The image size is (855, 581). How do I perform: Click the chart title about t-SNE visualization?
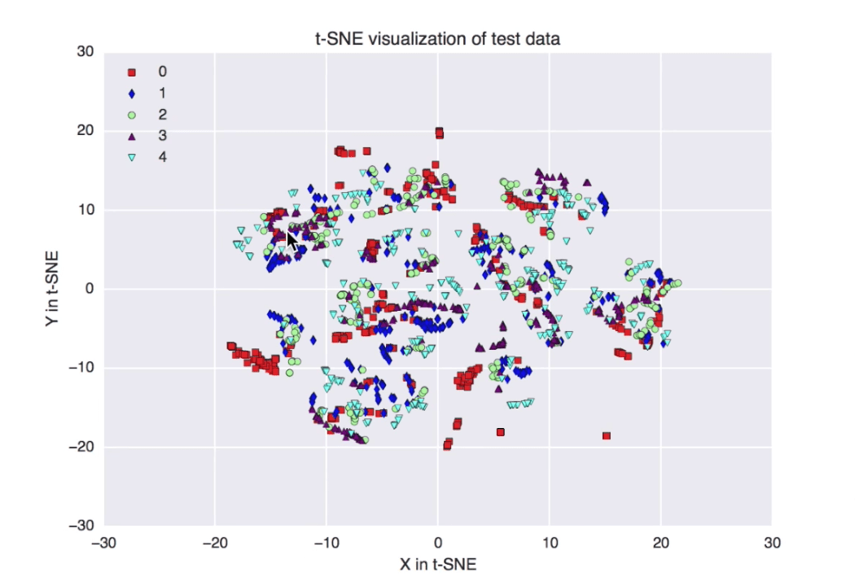coord(438,38)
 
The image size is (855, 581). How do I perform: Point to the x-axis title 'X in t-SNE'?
coord(438,564)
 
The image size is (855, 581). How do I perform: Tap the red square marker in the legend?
coord(132,73)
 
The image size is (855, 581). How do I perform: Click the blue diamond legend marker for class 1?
coord(132,94)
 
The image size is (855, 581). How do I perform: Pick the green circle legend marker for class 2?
coord(132,115)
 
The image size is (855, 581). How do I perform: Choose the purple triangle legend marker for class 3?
coord(132,136)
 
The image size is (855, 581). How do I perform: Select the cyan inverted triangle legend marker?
coord(132,157)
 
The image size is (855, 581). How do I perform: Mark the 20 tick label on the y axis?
coord(85,131)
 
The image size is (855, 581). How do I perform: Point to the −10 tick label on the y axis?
coord(81,368)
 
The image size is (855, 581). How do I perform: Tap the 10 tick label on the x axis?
coord(550,542)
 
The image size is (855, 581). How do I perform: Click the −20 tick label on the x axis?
coord(213,542)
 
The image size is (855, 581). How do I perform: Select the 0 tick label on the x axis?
coord(438,542)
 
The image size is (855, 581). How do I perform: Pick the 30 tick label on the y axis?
coord(85,52)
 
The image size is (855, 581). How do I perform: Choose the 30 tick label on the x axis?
coord(773,542)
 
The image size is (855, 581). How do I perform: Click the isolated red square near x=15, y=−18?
coord(607,436)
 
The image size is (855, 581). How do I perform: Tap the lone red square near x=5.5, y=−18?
coord(501,432)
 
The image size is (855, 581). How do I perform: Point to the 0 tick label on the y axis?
coord(90,289)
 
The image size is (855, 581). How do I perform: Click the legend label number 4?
coord(162,156)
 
